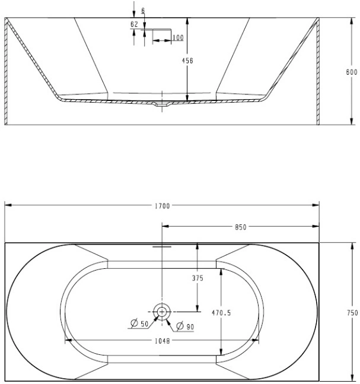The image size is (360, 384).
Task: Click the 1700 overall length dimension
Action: click(x=163, y=206)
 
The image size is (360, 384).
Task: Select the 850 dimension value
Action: click(x=241, y=227)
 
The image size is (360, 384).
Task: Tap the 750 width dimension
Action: click(x=352, y=313)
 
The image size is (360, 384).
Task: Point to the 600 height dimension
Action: click(x=352, y=72)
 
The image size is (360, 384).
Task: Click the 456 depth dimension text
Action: click(x=187, y=61)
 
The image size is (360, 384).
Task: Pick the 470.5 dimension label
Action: click(x=221, y=313)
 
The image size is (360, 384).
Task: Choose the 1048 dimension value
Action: click(x=163, y=341)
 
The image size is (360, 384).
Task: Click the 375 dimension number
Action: click(x=197, y=278)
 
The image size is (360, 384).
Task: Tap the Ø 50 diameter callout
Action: click(x=139, y=323)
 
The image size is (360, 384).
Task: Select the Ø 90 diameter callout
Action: click(x=185, y=326)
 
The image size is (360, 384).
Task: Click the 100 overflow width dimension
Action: click(x=178, y=37)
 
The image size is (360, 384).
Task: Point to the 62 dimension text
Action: click(x=135, y=24)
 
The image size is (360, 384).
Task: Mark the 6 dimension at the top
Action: click(x=143, y=11)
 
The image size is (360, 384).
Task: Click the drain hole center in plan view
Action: click(x=162, y=312)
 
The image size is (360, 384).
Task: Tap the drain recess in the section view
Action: click(x=162, y=105)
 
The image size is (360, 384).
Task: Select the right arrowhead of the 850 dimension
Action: click(x=316, y=226)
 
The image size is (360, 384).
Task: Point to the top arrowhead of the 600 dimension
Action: click(x=352, y=21)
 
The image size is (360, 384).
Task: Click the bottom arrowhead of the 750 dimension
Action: click(x=352, y=377)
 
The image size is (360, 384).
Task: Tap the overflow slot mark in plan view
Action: click(x=162, y=247)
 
